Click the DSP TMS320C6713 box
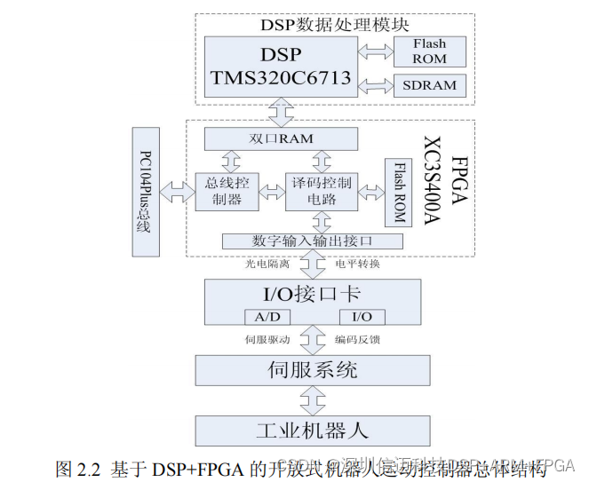281,67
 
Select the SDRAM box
429,85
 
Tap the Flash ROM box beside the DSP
429,51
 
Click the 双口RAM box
281,138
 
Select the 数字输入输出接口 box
312,241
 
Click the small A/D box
267,317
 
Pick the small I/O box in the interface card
362,317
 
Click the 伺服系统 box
312,369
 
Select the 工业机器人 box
312,431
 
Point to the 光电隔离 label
267,264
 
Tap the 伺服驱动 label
267,339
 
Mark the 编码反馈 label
357,339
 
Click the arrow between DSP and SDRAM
374,85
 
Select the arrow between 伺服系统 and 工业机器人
312,399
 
